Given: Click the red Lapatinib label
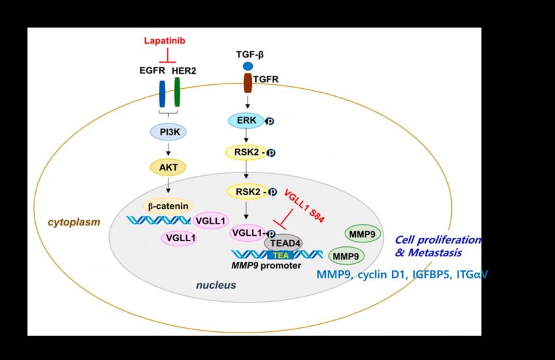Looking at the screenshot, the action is tap(165, 41).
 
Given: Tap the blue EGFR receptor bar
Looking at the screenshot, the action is tap(162, 94).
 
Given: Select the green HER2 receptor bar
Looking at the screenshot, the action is tap(178, 92).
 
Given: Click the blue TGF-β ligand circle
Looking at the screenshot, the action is tap(247, 66).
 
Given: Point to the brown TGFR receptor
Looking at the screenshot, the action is tap(247, 83).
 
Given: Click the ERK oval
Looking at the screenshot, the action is tap(246, 121).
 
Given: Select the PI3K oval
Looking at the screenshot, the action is tap(168, 132).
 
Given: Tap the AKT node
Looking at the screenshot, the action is tap(168, 167).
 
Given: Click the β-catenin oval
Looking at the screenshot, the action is tap(168, 206).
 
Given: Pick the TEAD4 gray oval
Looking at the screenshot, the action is tap(283, 243).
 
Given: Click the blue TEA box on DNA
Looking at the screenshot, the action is tap(281, 255).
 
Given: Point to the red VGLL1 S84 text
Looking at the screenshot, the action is tap(304, 206).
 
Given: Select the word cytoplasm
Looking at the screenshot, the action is tap(74, 223).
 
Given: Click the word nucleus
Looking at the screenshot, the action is tap(216, 286).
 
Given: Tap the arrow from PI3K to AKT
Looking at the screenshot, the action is tap(168, 149).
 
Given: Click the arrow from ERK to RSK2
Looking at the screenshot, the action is tap(246, 136).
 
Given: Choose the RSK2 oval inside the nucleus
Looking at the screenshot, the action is tap(247, 191).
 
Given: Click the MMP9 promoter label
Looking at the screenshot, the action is tap(266, 265).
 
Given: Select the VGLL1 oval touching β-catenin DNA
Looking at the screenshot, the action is tap(211, 221).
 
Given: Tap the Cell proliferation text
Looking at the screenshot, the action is tap(438, 240).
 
